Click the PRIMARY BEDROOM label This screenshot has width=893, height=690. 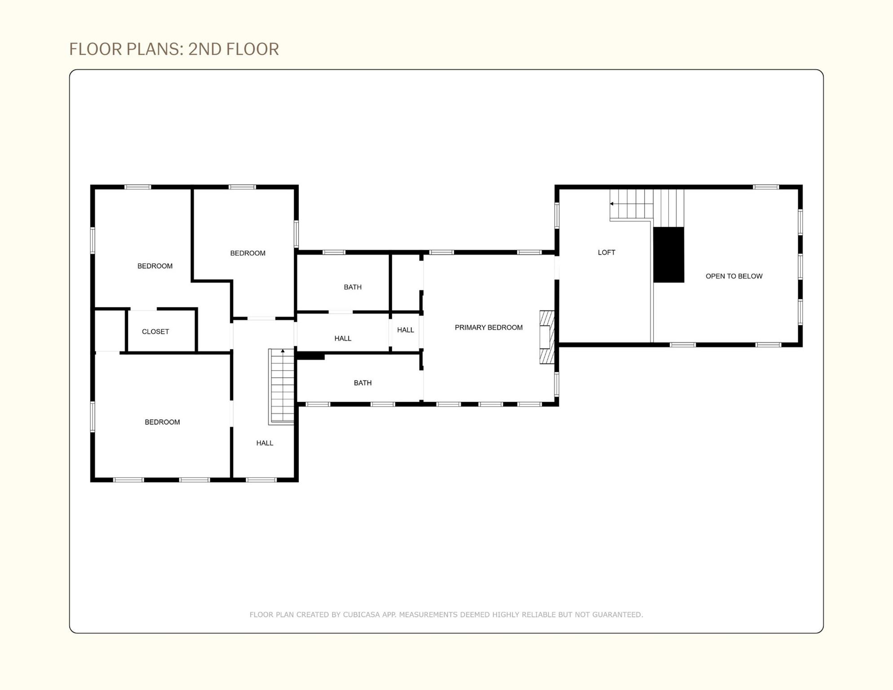[488, 327]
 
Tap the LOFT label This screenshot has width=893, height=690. [606, 252]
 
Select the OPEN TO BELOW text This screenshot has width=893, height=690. [734, 276]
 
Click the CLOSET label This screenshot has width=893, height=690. [155, 332]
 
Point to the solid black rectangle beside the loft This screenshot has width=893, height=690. [668, 255]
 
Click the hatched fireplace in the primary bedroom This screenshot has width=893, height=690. [547, 337]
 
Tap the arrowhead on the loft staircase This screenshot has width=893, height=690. [611, 204]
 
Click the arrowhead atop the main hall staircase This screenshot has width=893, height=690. [283, 351]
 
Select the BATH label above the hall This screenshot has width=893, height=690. [353, 287]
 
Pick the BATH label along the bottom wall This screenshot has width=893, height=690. [363, 383]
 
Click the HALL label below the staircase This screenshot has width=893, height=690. [265, 443]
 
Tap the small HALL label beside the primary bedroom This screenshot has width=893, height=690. [405, 330]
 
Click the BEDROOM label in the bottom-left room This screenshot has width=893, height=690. [162, 422]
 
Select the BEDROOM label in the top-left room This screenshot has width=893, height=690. [155, 266]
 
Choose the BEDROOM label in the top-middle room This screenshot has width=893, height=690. [248, 253]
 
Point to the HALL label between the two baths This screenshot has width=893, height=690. [343, 338]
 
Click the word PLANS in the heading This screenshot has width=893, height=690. [155, 49]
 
